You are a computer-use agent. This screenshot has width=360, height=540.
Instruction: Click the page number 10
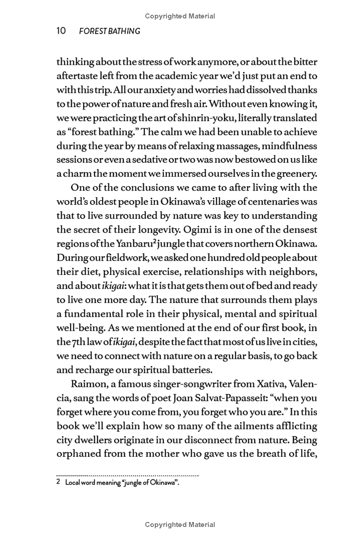click(x=61, y=31)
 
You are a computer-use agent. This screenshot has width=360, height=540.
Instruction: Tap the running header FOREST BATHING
click(x=109, y=31)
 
